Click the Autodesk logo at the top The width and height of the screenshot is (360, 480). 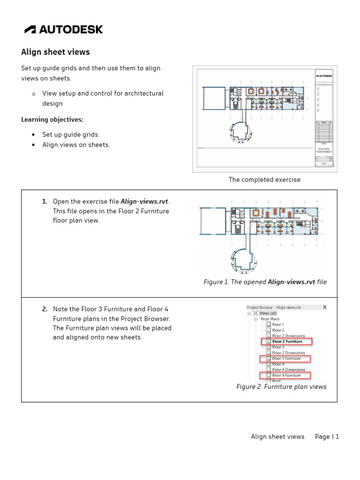click(64, 30)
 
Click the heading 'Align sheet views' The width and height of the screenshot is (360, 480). click(55, 52)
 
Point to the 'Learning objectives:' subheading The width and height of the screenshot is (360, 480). click(52, 120)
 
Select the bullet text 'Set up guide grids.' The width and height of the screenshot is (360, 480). click(71, 135)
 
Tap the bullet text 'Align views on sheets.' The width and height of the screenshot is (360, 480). click(76, 145)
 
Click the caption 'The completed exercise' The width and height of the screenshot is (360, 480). click(264, 180)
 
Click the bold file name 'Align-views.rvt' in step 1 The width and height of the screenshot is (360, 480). click(144, 202)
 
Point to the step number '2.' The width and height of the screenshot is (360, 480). click(45, 309)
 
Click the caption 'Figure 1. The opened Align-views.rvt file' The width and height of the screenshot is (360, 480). click(265, 282)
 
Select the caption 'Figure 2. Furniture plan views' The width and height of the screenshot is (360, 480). click(281, 387)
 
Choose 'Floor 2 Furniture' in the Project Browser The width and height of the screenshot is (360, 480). click(287, 342)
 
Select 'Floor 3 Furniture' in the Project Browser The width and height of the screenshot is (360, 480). click(286, 359)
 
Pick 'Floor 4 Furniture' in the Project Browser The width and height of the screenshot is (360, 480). click(286, 375)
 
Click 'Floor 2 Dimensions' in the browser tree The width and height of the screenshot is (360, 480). click(288, 336)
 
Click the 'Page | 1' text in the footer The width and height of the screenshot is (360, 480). click(327, 436)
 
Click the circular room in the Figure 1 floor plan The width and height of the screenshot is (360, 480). click(243, 260)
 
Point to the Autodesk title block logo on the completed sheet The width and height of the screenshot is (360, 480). click(324, 75)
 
